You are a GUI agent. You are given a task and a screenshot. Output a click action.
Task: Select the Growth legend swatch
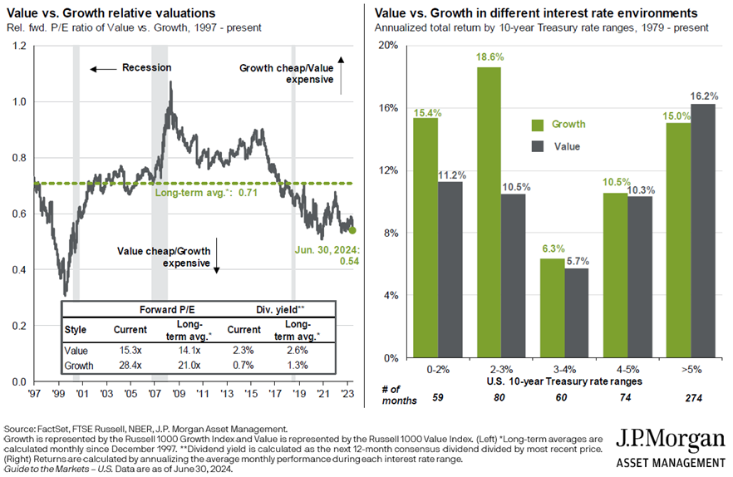pyautogui.click(x=537, y=125)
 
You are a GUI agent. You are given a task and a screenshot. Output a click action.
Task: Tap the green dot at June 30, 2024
pyautogui.click(x=352, y=230)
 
